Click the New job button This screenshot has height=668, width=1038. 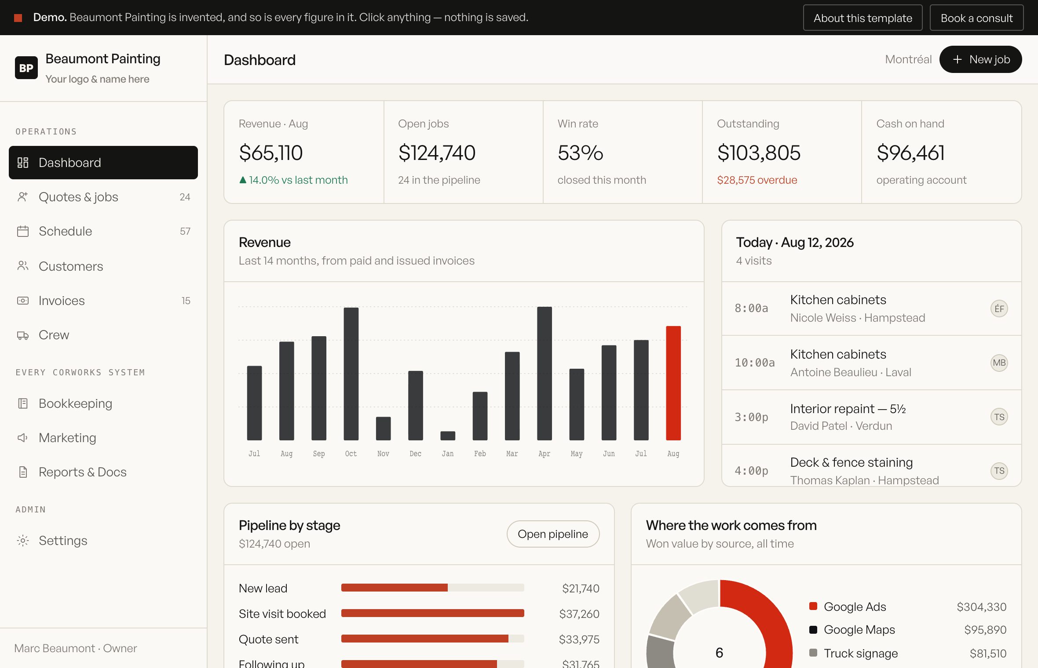tap(980, 59)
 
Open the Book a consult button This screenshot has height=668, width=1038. tap(976, 18)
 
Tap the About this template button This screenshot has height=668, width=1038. tap(863, 18)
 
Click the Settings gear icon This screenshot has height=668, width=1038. tap(23, 541)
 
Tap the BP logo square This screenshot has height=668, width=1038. tap(26, 68)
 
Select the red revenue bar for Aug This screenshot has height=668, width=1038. tap(673, 383)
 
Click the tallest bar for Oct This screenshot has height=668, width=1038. tap(351, 374)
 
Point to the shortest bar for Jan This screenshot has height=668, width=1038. tap(448, 436)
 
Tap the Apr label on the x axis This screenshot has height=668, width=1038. tap(544, 454)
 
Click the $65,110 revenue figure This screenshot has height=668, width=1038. tap(271, 153)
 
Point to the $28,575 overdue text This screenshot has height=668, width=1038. tap(757, 180)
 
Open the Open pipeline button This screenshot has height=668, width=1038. tap(553, 534)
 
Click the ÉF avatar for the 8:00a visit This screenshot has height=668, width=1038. tap(999, 309)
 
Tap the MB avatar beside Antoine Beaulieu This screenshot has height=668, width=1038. tap(999, 363)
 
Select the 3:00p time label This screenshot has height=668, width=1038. tap(751, 417)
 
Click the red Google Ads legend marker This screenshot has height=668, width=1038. tap(813, 606)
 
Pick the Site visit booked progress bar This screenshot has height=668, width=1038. tap(432, 614)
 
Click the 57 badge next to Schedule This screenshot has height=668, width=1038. tap(185, 231)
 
